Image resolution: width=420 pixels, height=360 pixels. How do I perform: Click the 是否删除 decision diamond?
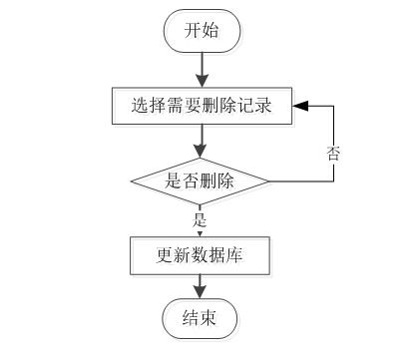click(201, 180)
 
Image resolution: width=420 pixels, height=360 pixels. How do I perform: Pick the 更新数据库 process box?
click(201, 256)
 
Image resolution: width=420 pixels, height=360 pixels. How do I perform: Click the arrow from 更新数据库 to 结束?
click(201, 287)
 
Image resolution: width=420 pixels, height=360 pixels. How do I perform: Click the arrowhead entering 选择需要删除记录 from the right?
click(300, 103)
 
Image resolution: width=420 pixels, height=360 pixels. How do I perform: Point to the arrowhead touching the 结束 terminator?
click(201, 295)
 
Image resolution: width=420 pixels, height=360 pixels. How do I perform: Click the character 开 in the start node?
click(192, 31)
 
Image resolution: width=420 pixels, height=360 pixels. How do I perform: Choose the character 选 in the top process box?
click(139, 103)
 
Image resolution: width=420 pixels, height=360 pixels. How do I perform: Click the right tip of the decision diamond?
click(269, 180)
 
